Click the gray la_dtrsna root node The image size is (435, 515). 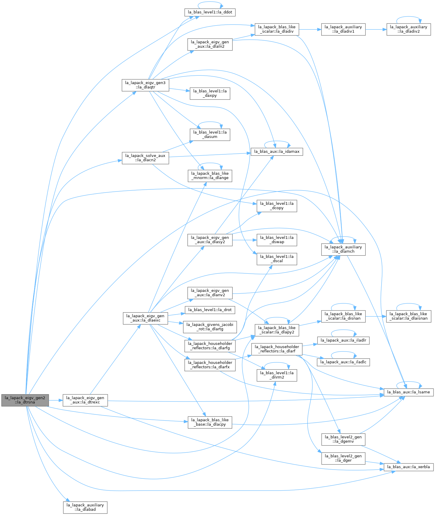click(25, 400)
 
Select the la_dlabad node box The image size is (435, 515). click(85, 507)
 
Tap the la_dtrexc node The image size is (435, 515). click(85, 400)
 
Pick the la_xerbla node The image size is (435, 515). click(409, 467)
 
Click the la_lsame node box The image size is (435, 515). click(409, 392)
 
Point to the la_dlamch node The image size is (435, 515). click(343, 249)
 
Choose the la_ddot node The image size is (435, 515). click(210, 12)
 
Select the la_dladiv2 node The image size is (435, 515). click(409, 29)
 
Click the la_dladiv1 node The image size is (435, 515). click(343, 29)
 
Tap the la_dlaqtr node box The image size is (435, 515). click(145, 85)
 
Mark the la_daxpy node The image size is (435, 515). click(210, 93)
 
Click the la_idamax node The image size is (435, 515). click(277, 152)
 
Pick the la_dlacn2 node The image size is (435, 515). click(145, 158)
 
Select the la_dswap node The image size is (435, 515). click(277, 240)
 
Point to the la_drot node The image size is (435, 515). click(210, 310)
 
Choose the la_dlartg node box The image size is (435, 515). click(210, 327)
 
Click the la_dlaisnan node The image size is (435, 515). click(409, 316)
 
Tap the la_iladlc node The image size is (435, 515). click(343, 362)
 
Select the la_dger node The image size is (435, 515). click(343, 458)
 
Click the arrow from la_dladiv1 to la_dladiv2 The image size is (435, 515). click(376, 29)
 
